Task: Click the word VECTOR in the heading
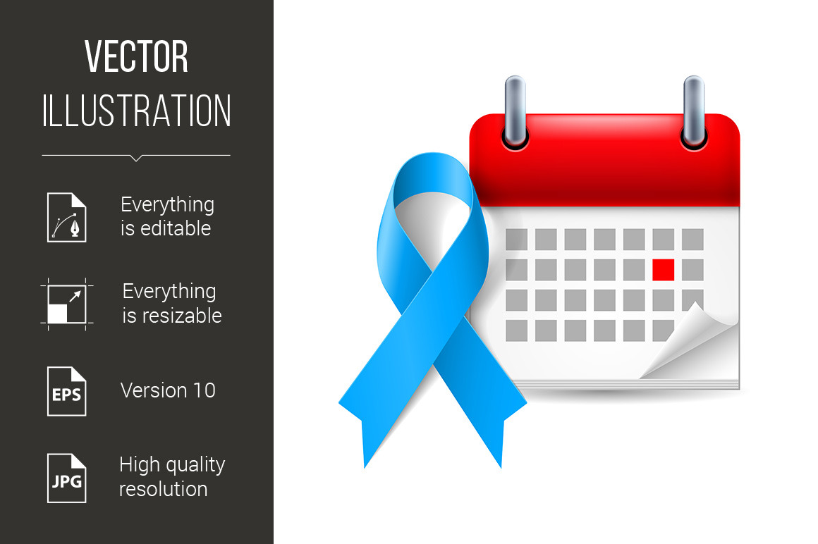(136, 56)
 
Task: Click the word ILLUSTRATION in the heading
(136, 111)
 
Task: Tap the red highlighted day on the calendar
(663, 270)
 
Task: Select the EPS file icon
(67, 391)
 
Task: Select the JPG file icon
(67, 478)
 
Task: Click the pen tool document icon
(67, 217)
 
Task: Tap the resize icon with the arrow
(67, 304)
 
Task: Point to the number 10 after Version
(204, 391)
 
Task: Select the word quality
(193, 465)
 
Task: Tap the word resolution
(164, 489)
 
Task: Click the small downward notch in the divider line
(136, 158)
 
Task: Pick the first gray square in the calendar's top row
(516, 240)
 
